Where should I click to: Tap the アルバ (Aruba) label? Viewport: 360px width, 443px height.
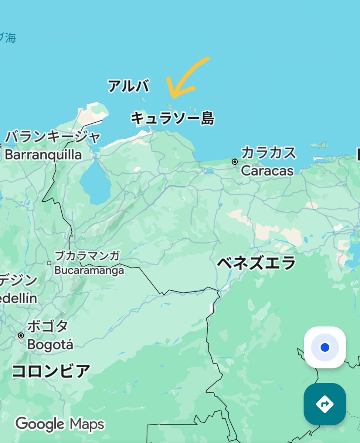point(128,86)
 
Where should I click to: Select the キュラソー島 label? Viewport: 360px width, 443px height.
point(173,119)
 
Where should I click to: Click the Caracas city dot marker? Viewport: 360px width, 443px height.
point(235,161)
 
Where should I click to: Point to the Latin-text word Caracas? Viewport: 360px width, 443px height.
point(267,171)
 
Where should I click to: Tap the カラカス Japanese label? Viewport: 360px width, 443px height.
point(269,153)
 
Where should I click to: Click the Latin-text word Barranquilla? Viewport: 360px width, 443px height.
point(43,154)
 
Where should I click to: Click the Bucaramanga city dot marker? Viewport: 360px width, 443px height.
point(49,263)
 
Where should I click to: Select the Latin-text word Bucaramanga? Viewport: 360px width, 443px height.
point(89,270)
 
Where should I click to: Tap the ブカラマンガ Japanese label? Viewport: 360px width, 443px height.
point(87,255)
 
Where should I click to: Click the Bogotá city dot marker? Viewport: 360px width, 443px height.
point(21,335)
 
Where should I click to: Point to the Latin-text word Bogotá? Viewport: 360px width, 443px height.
point(50,345)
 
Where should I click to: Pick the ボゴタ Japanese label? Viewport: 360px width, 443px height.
point(48,327)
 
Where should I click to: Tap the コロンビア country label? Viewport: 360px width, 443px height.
point(51,371)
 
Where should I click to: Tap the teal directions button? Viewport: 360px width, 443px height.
point(325,404)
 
